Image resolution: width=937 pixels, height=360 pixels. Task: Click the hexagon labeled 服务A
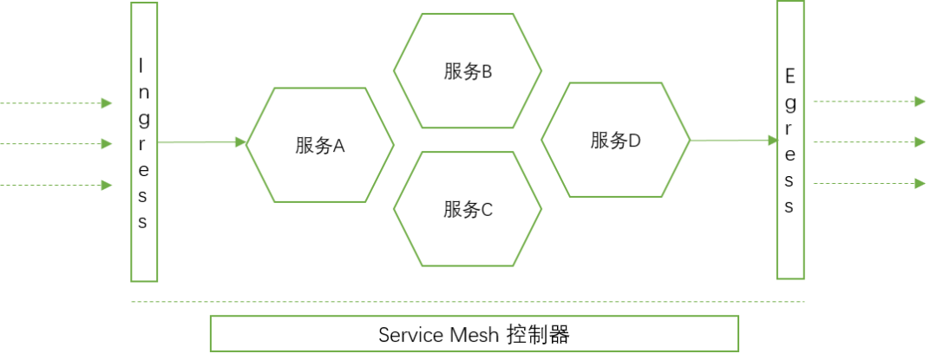pyautogui.click(x=320, y=145)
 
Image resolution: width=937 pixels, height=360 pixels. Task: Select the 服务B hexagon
pyautogui.click(x=468, y=71)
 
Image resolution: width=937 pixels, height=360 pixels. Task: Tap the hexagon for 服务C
pyautogui.click(x=468, y=209)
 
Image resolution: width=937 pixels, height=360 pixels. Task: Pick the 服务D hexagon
pyautogui.click(x=616, y=140)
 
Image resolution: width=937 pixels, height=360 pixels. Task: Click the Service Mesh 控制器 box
pyautogui.click(x=475, y=334)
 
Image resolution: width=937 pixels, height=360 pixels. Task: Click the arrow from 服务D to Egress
pyautogui.click(x=734, y=141)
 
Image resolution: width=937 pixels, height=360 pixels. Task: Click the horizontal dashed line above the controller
pyautogui.click(x=468, y=302)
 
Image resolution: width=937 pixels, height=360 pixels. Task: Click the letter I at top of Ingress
pyautogui.click(x=143, y=65)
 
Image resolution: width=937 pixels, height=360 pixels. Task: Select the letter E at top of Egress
pyautogui.click(x=790, y=76)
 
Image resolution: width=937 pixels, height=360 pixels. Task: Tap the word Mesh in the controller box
pyautogui.click(x=474, y=335)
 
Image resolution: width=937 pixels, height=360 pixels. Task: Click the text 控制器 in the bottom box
pyautogui.click(x=538, y=334)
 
